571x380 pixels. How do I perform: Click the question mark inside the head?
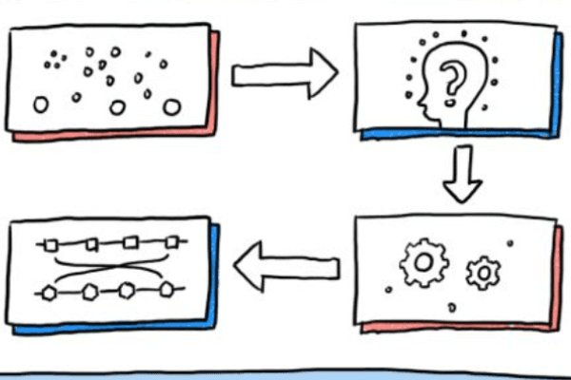tap(456, 76)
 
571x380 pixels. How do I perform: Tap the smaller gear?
tap(482, 273)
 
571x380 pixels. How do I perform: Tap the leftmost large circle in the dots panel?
tap(41, 105)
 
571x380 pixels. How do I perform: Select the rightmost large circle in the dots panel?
tap(171, 106)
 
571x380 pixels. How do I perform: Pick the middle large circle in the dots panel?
tap(117, 106)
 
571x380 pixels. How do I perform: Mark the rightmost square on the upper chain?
tap(171, 241)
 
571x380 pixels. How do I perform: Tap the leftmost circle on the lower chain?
tap(50, 292)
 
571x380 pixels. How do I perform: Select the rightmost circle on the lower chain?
tap(167, 288)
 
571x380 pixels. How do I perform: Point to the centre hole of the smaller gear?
tap(482, 273)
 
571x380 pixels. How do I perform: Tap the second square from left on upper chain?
tap(91, 244)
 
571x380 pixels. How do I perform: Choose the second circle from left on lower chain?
tap(89, 291)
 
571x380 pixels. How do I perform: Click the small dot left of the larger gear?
tap(388, 288)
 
